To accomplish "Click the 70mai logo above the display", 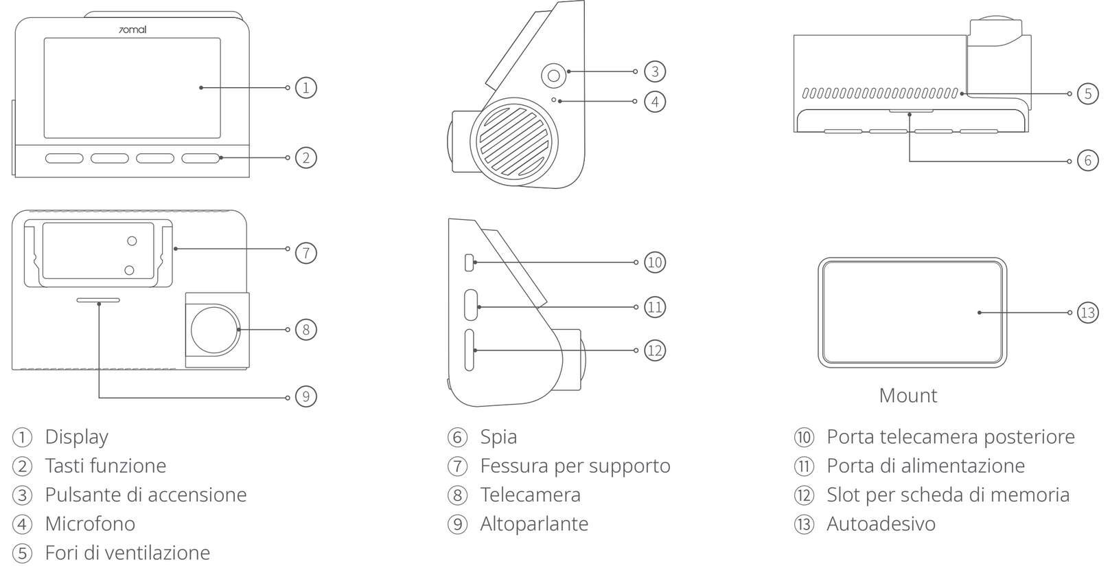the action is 132,30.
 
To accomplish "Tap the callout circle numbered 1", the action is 305,88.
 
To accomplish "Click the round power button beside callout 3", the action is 553,76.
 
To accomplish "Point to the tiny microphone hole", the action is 553,100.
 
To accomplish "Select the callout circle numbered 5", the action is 1088,93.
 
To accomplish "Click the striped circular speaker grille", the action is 514,142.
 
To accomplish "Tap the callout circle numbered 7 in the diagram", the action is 305,253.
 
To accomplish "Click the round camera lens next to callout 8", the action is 215,330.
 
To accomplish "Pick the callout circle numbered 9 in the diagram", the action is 305,396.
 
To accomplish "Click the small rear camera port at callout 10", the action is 470,262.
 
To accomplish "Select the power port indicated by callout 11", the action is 471,305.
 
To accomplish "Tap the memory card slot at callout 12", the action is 469,350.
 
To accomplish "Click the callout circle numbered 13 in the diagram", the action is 1088,313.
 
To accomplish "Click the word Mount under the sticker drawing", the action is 907,396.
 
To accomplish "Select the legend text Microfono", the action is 90,524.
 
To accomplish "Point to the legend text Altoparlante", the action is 534,524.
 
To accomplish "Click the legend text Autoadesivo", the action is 881,524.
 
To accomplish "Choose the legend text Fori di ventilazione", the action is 128,553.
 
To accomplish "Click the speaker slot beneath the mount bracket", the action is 98,300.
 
